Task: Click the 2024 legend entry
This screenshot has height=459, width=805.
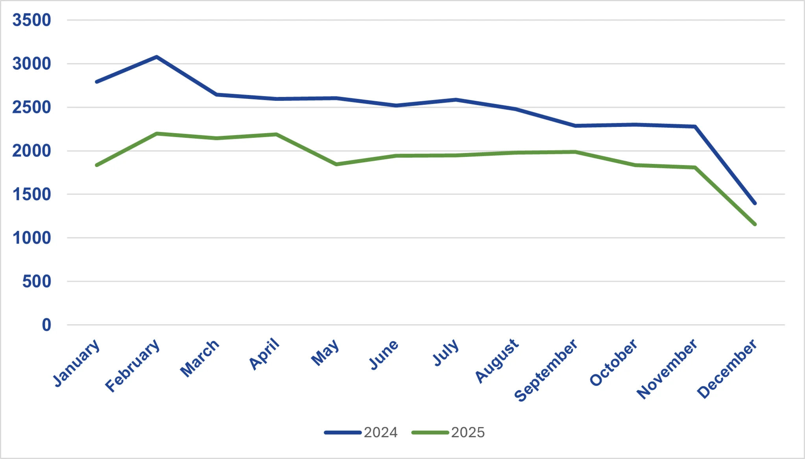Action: [x=361, y=432]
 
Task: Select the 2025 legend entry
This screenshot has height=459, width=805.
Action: [x=449, y=432]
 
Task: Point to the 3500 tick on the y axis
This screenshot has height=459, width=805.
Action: [x=31, y=20]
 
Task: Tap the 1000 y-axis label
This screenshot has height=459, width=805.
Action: [x=31, y=238]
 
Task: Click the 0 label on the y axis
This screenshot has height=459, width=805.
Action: [x=46, y=325]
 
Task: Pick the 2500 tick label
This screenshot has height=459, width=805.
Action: [x=31, y=107]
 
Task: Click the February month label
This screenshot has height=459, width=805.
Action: [x=133, y=366]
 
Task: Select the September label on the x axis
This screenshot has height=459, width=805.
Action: [x=546, y=370]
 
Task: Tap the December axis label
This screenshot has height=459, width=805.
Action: [x=727, y=368]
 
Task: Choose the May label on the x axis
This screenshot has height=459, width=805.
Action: [x=325, y=353]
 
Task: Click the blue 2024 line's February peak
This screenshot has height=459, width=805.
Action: [x=157, y=57]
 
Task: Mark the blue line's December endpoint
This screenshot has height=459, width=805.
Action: [x=755, y=203]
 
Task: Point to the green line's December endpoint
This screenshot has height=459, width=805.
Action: [x=755, y=225]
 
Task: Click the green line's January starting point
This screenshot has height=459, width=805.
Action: [x=97, y=165]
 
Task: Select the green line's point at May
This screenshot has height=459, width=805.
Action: [x=336, y=164]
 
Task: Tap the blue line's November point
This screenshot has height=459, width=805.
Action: [x=695, y=126]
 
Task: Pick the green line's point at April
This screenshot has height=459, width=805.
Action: [x=276, y=134]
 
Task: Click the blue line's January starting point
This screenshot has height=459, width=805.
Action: [x=97, y=82]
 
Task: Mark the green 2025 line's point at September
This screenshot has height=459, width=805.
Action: [x=575, y=152]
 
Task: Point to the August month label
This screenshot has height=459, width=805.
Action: [x=497, y=361]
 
